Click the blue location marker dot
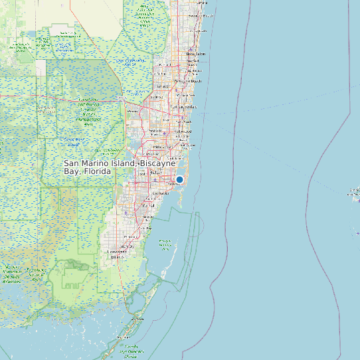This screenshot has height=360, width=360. [x=179, y=179]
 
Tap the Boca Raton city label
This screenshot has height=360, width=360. [x=196, y=54]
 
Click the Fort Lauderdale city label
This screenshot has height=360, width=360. [x=184, y=106]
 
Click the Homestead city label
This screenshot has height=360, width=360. [x=118, y=252]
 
